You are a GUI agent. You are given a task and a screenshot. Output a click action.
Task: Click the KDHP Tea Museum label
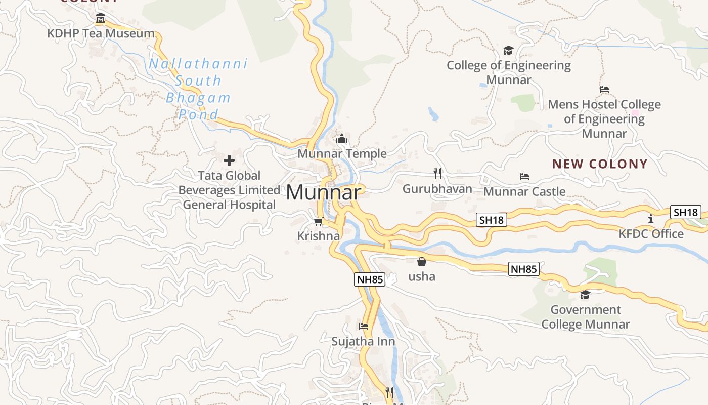point(101,34)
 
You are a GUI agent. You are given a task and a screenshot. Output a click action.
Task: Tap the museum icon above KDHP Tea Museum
point(100,19)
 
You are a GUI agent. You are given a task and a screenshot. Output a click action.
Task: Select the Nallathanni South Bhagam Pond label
point(198,89)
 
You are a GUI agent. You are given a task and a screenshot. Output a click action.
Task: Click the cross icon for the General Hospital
point(229,161)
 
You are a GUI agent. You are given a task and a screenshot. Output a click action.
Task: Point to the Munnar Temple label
point(342,154)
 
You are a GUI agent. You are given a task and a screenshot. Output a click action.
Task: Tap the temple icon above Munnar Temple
point(342,139)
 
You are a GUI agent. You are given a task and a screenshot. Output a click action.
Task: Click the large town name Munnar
point(324,193)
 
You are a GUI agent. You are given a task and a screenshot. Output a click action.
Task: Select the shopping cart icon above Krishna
point(319,221)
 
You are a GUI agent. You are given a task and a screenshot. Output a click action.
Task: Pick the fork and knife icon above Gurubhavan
point(437,174)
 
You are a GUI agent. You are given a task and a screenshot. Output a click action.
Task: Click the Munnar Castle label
point(524,192)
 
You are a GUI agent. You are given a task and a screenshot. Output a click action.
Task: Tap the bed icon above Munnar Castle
point(524,177)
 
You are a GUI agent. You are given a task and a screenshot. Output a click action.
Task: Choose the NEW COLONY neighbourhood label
point(600,164)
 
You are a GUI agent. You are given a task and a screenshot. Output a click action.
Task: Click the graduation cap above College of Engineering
point(508,51)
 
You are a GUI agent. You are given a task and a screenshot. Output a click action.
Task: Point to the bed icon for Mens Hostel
point(604,90)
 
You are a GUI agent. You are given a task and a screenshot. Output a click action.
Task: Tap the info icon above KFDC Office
point(651,219)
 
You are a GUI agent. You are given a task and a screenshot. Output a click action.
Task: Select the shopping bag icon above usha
point(421,262)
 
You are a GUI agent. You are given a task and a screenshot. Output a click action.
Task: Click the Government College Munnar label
point(586,317)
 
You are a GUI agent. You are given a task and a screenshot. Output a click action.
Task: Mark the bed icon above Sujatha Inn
point(364,327)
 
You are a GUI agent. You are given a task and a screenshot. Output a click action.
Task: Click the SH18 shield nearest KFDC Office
point(686,213)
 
